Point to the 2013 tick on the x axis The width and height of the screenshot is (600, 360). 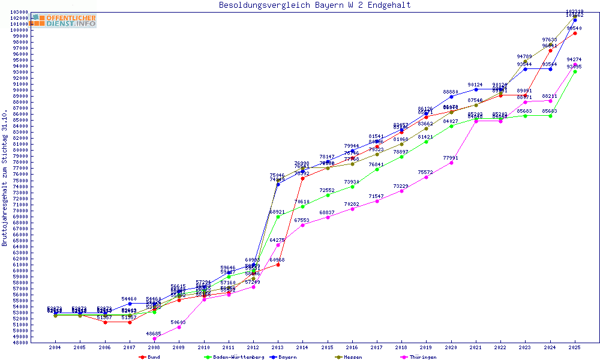[x=278, y=347]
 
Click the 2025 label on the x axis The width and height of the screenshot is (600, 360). [x=575, y=347]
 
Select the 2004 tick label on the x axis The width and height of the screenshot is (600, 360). [x=55, y=347]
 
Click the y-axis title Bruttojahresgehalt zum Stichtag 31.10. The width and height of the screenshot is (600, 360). [x=5, y=178]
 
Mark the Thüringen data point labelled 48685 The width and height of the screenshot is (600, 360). [x=154, y=338]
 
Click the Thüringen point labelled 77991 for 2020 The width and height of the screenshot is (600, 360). [x=451, y=163]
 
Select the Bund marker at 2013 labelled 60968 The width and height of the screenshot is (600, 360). [x=278, y=265]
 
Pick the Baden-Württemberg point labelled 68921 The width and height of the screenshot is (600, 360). [x=278, y=217]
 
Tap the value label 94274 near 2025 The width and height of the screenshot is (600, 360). [x=574, y=60]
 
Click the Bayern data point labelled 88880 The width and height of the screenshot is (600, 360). [x=451, y=97]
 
